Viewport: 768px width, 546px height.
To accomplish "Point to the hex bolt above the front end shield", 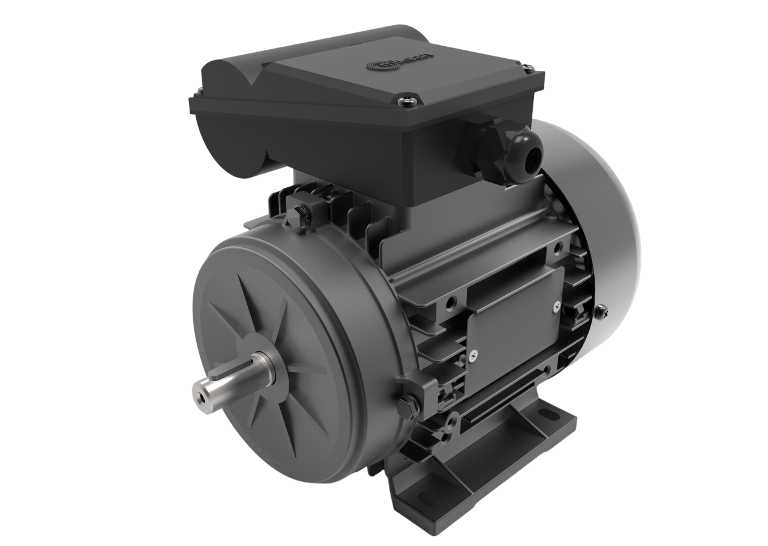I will pos(299,214).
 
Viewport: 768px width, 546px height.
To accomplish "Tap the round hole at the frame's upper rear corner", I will pos(559,247).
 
